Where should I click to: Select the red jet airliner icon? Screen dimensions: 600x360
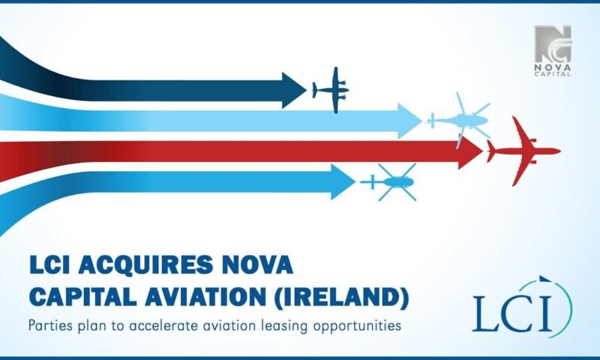pyautogui.click(x=523, y=151)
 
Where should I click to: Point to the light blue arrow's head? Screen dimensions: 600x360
pyautogui.click(x=409, y=121)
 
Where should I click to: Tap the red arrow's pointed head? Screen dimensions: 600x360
pyautogui.click(x=471, y=151)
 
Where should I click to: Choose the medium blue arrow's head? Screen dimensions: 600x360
pyautogui.click(x=343, y=182)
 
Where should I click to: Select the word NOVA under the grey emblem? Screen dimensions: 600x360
pyautogui.click(x=553, y=67)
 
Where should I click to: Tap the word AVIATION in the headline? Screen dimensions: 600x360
pyautogui.click(x=205, y=296)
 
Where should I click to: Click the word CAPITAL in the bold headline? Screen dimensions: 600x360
pyautogui.click(x=83, y=296)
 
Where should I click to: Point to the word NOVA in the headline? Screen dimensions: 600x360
pyautogui.click(x=257, y=265)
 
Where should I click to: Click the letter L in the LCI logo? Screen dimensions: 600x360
pyautogui.click(x=484, y=313)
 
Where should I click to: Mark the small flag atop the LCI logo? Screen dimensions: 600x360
pyautogui.click(x=544, y=278)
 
